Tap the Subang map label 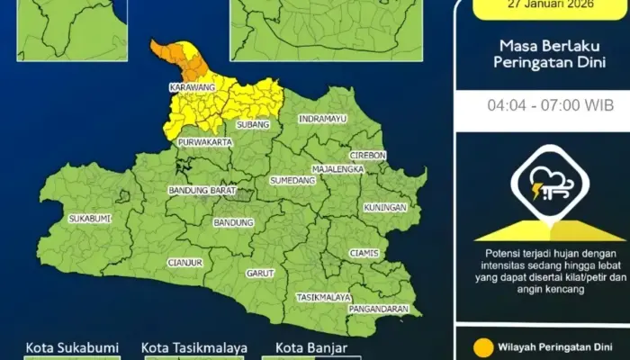tap(253, 124)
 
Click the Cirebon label tap(367, 155)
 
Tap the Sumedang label tap(293, 180)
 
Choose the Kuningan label tap(385, 207)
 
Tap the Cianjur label tap(184, 262)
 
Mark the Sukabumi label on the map tap(90, 218)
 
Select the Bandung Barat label tap(201, 191)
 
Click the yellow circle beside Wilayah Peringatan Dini tap(483, 345)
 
